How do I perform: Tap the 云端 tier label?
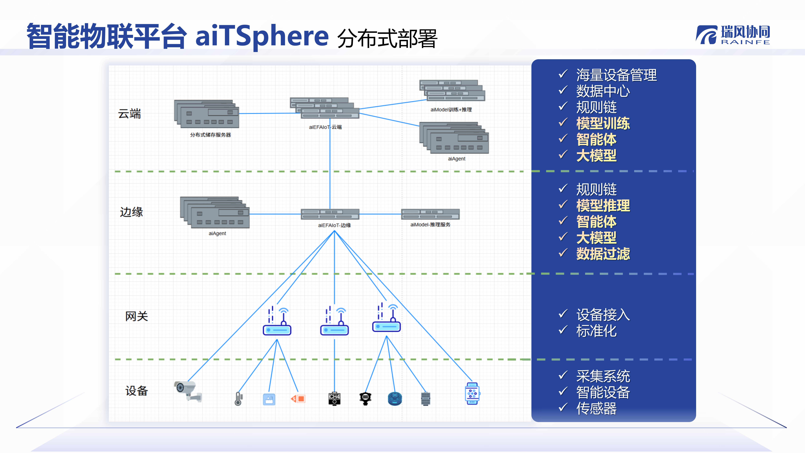pos(129,114)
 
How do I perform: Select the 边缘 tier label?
pos(131,212)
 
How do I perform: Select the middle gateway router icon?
pos(334,322)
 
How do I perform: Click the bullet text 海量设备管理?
pos(616,75)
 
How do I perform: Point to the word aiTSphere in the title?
pos(262,36)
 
